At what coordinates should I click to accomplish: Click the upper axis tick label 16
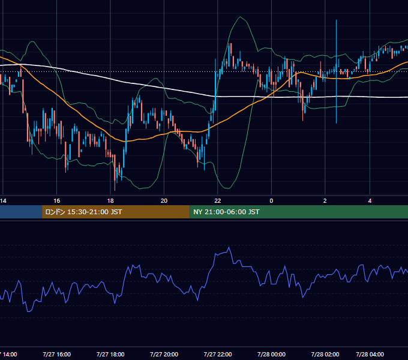point(57,201)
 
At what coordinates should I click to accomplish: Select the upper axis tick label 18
point(110,201)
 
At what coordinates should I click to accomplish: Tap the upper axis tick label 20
point(164,201)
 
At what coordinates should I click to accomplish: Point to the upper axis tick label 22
point(218,201)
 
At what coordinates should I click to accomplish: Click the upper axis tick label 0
point(271,201)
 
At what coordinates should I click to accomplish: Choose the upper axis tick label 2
point(325,201)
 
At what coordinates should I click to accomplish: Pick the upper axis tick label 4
point(370,201)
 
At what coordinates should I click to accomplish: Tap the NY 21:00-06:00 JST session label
point(226,212)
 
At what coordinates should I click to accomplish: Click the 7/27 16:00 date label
point(57,354)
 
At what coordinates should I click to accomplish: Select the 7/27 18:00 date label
point(110,354)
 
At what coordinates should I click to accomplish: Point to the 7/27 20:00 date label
point(164,354)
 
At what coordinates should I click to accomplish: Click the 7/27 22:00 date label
point(218,354)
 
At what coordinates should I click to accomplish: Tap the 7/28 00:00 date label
point(271,354)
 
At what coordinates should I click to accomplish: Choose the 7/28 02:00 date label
point(325,354)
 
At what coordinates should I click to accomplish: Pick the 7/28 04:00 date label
point(370,354)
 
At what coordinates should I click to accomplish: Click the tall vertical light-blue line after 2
point(336,71)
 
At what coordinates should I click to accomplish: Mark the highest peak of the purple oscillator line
point(229,247)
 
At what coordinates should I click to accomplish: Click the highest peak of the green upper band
point(240,17)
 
